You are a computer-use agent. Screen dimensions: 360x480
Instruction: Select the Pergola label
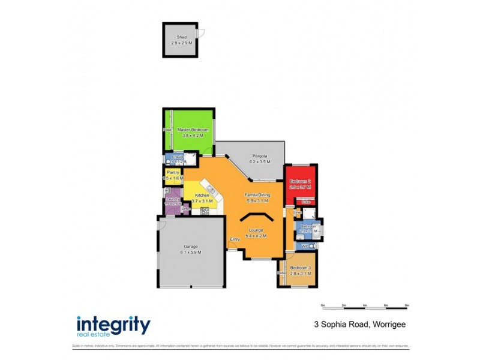point(260,155)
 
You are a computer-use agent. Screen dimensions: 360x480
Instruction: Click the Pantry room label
point(173,172)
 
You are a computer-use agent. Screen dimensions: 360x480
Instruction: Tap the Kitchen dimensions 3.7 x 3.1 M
point(202,201)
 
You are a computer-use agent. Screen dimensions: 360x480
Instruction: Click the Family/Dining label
point(257,194)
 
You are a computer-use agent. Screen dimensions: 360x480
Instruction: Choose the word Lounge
point(257,229)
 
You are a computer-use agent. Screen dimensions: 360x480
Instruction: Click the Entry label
point(235,239)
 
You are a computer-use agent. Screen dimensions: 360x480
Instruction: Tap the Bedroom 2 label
point(300,181)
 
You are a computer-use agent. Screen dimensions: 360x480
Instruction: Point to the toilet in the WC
point(313,246)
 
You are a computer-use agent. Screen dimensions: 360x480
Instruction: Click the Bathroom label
point(308,226)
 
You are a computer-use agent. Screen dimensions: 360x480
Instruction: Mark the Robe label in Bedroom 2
point(306,202)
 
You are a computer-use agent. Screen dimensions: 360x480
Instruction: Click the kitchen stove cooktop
point(205,211)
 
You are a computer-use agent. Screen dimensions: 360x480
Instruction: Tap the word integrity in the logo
point(113,324)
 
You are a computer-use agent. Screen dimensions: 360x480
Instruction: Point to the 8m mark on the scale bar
point(407,305)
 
